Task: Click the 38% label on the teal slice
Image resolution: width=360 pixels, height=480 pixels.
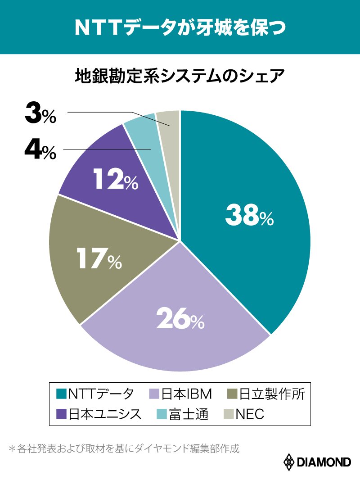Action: (x=249, y=216)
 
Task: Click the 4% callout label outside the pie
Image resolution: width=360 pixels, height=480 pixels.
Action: (x=40, y=150)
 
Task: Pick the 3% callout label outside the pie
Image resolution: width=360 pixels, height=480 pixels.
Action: (x=40, y=114)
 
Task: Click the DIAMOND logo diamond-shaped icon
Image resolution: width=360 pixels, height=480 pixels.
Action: (x=288, y=462)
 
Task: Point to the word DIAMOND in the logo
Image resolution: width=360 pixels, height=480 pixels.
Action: (x=324, y=462)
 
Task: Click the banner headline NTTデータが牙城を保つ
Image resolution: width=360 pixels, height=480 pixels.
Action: (x=180, y=27)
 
